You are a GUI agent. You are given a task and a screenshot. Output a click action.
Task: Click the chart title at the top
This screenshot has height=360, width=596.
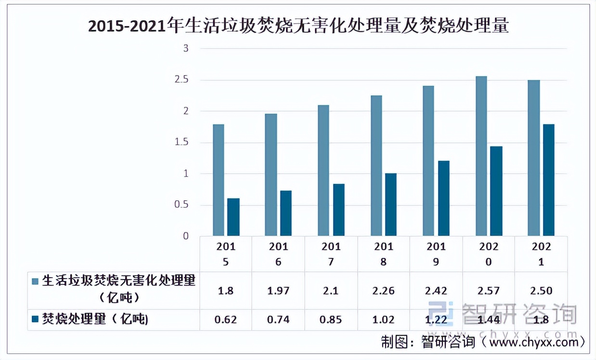point(298,26)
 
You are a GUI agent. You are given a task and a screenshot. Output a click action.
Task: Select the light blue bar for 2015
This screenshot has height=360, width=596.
point(218,180)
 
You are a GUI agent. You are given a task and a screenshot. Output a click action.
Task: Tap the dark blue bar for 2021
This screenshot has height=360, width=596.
point(548,180)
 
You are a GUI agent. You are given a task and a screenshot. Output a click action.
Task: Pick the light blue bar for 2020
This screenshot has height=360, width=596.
point(481,156)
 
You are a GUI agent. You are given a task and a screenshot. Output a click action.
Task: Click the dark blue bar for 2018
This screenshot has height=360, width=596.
point(391,205)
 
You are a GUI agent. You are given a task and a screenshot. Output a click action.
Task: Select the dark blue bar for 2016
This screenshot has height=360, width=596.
point(286,213)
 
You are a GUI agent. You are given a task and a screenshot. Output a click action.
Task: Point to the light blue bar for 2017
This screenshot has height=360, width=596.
point(324,170)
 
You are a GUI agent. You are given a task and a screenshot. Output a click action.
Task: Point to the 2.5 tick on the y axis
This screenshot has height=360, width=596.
point(181,80)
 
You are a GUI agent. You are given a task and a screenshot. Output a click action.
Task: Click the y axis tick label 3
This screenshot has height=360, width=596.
point(185,49)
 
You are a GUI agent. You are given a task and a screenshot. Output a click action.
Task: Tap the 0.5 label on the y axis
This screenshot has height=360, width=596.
point(181,205)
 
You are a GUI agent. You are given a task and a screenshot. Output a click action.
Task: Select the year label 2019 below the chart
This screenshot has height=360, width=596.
point(436,254)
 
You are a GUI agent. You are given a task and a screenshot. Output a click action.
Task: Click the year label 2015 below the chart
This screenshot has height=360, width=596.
point(225,254)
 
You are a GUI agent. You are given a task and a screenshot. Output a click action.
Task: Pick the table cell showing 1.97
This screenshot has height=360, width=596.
point(278,291)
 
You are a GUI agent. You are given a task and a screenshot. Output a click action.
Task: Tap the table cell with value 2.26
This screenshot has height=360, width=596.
point(383,291)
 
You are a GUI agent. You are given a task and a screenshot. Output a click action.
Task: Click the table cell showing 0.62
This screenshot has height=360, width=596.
point(225,319)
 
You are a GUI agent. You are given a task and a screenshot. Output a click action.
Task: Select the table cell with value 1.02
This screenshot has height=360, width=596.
point(383,319)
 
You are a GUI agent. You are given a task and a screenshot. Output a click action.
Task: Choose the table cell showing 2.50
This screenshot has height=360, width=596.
point(541,291)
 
